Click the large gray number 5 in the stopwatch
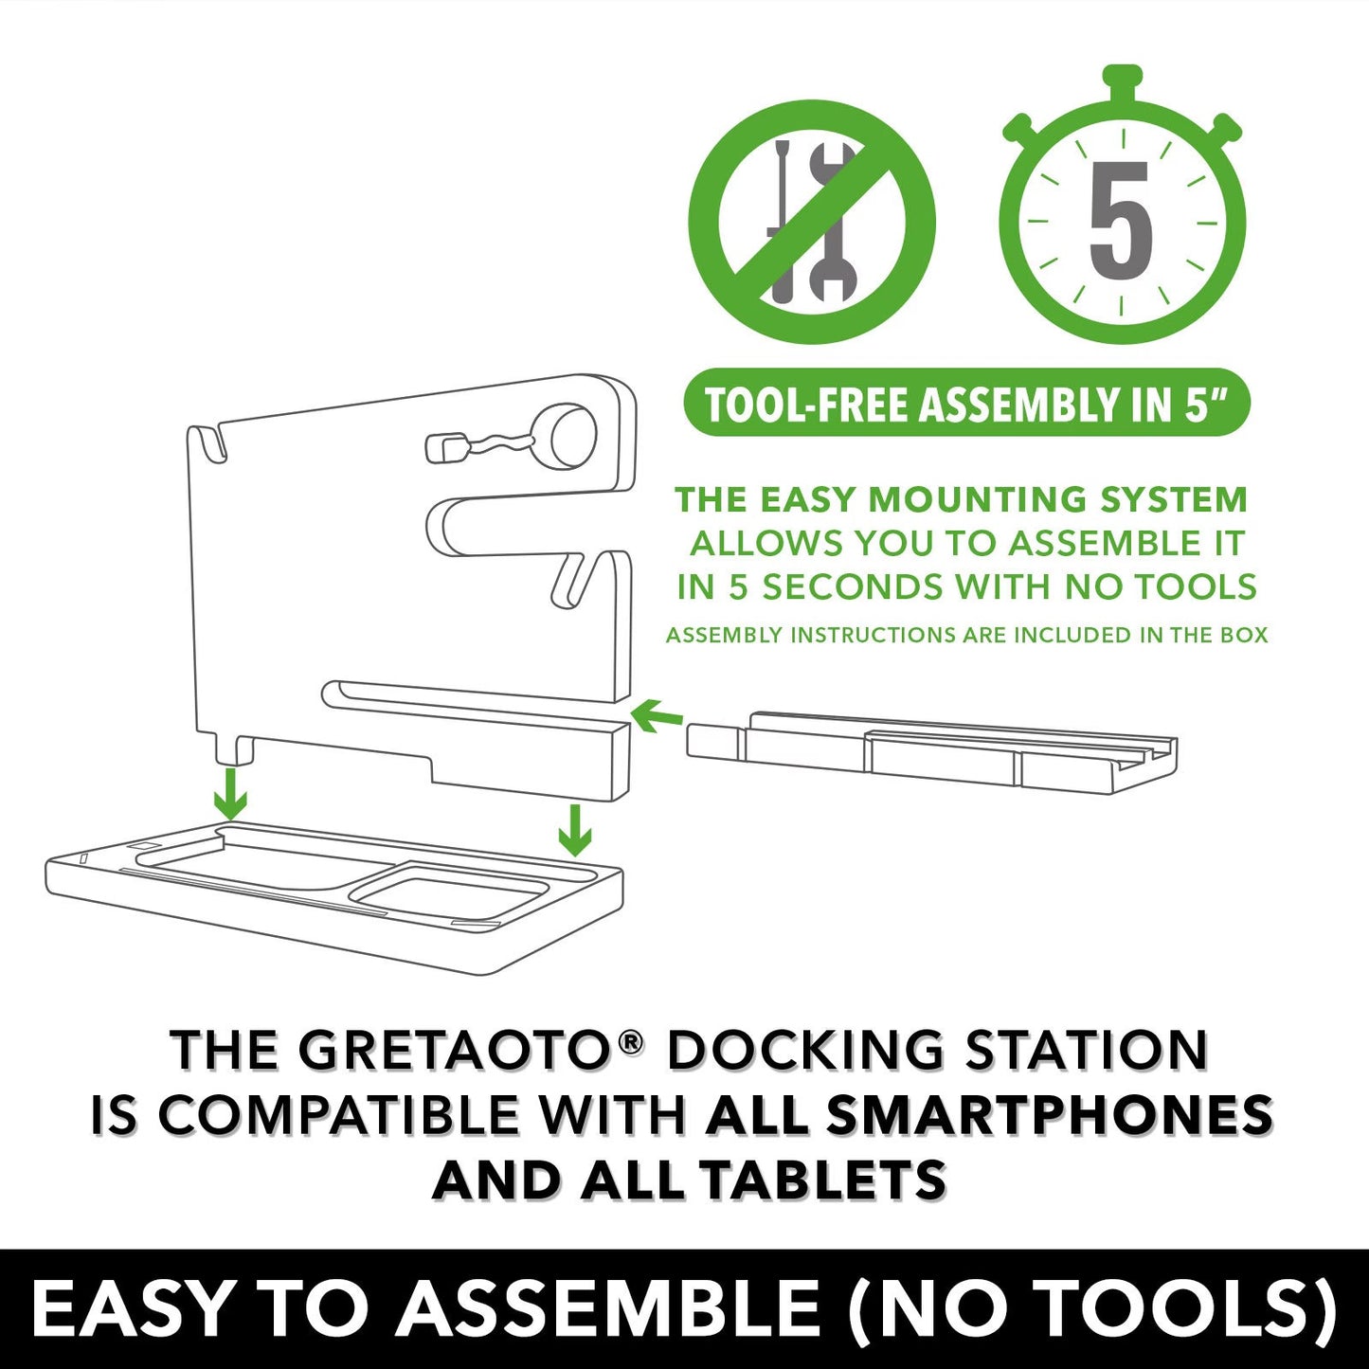1121,221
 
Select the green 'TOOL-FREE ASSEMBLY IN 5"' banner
966,402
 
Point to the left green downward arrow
230,794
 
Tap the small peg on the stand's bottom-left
234,750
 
